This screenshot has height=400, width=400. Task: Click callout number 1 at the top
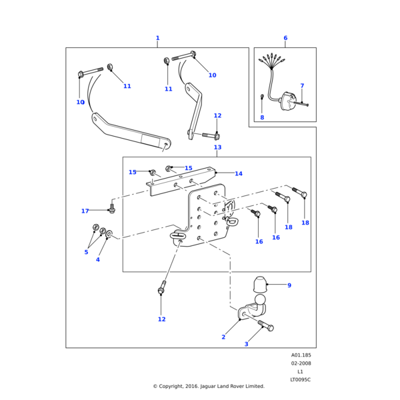pyautogui.click(x=157, y=38)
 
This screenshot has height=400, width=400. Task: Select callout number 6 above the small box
pyautogui.click(x=285, y=38)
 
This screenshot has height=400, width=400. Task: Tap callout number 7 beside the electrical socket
pyautogui.click(x=301, y=86)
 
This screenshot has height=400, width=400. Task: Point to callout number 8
pyautogui.click(x=262, y=117)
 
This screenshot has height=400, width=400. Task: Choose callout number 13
pyautogui.click(x=217, y=147)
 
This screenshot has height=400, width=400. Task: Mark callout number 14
pyautogui.click(x=238, y=174)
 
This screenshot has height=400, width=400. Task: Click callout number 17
pyautogui.click(x=85, y=211)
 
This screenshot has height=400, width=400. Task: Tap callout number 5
pyautogui.click(x=86, y=252)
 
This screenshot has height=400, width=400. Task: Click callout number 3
pyautogui.click(x=246, y=344)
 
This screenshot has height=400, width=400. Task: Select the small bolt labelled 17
pyautogui.click(x=112, y=209)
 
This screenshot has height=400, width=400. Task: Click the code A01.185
pyautogui.click(x=301, y=355)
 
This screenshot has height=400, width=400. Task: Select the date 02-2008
pyautogui.click(x=301, y=363)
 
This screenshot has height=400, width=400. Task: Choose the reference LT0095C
pyautogui.click(x=301, y=379)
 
